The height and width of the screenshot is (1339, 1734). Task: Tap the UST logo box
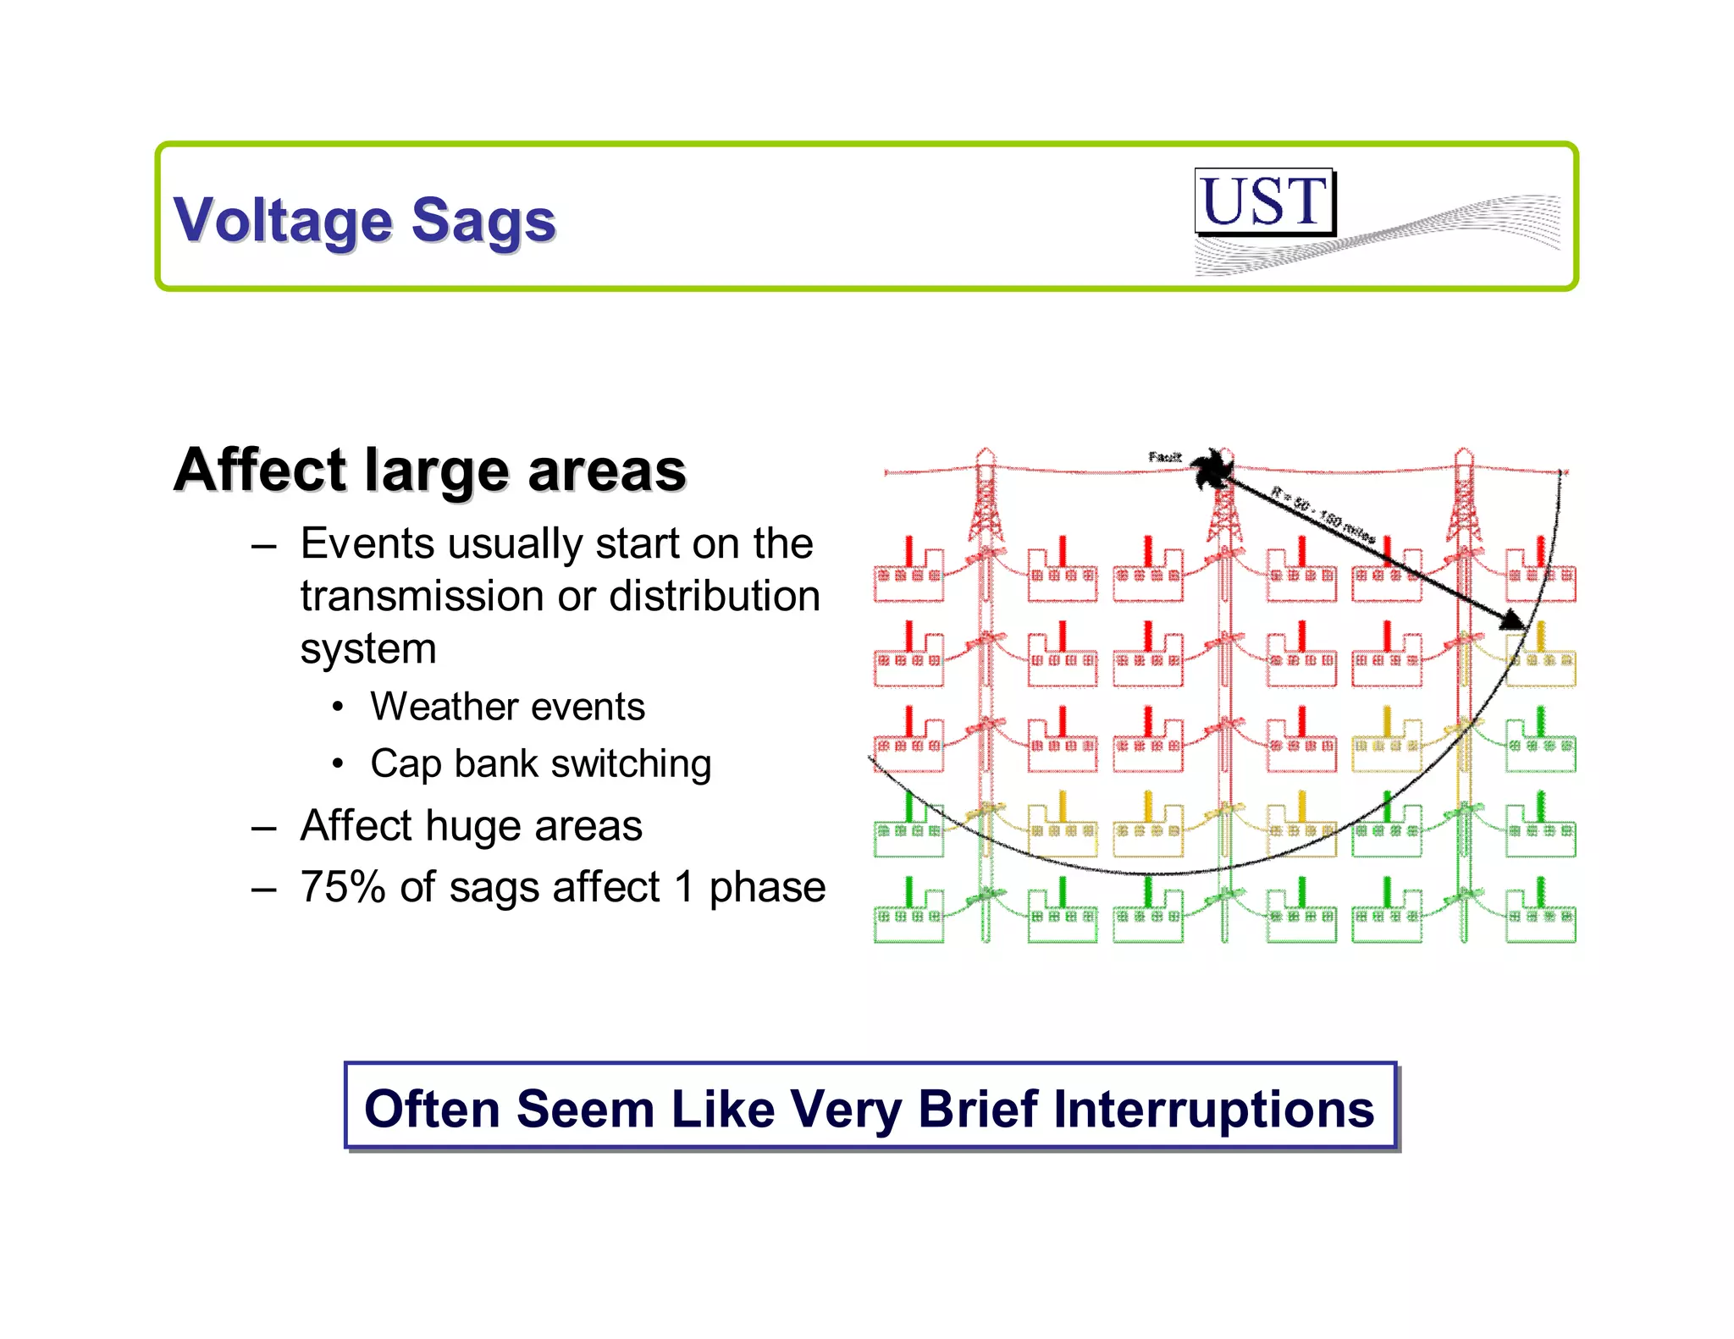pyautogui.click(x=1264, y=201)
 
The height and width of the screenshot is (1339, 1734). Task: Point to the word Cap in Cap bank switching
pyautogui.click(x=406, y=763)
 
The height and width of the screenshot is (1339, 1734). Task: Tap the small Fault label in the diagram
pyautogui.click(x=1164, y=457)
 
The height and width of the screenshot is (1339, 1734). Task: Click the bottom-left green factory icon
pyautogui.click(x=908, y=913)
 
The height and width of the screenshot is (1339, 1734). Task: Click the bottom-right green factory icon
pyautogui.click(x=1540, y=913)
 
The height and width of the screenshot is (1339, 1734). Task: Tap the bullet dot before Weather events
pyautogui.click(x=338, y=707)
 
